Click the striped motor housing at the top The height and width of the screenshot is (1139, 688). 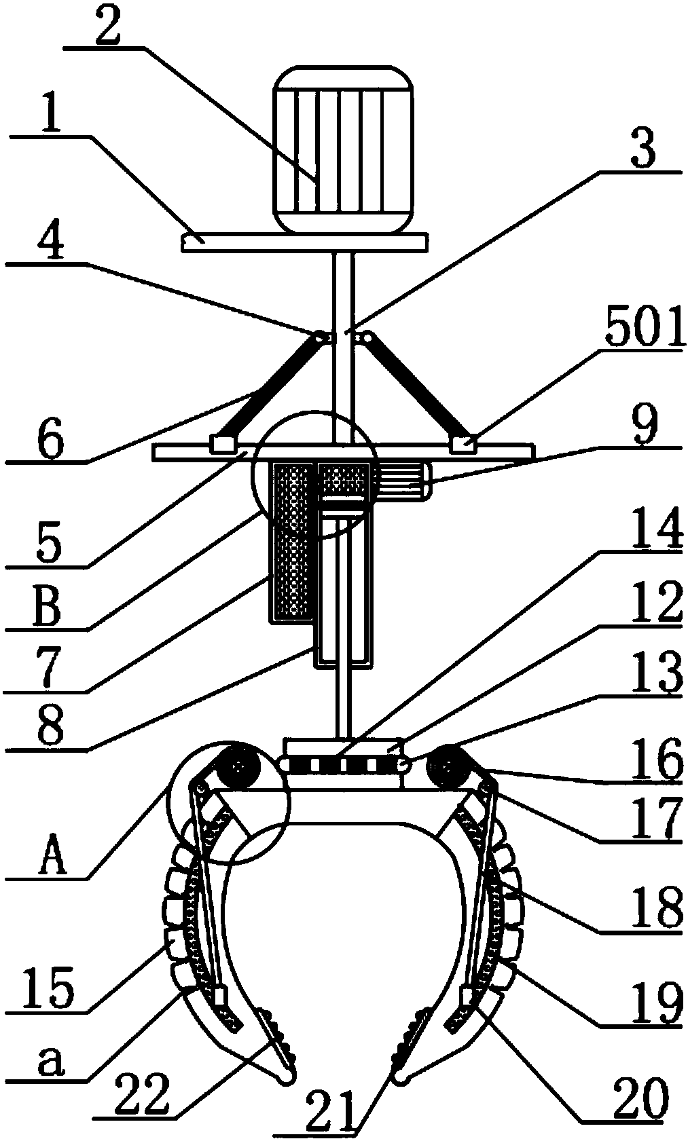[x=344, y=149]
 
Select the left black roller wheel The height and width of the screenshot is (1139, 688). [x=236, y=765]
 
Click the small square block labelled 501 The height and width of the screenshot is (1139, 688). [x=464, y=443]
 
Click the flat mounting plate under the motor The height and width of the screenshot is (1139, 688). [x=304, y=242]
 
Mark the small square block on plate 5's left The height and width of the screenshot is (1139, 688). [x=223, y=443]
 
